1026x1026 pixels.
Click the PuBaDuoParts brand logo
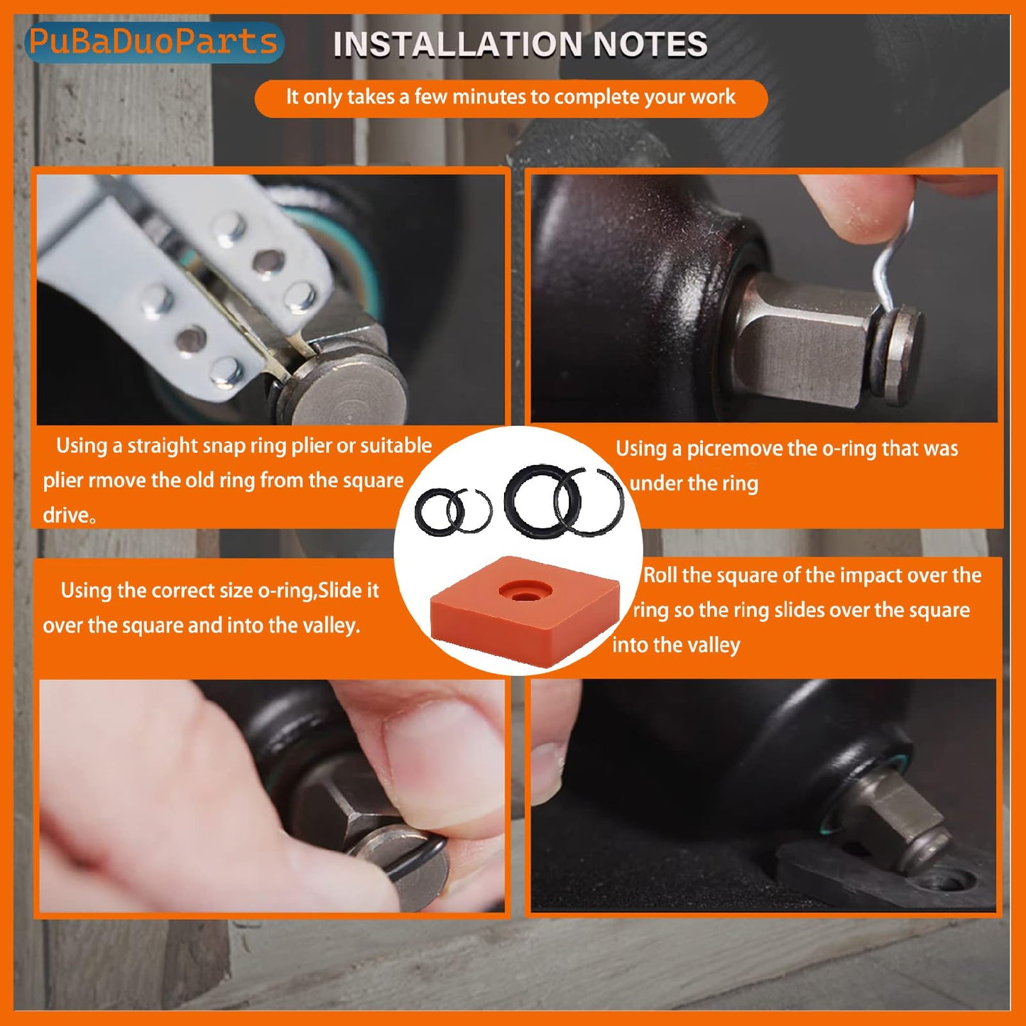coord(153,43)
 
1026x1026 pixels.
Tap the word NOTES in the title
coord(650,45)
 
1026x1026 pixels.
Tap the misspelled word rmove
coord(116,481)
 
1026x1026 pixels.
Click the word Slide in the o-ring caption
coord(348,591)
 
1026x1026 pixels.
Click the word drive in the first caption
coord(65,515)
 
